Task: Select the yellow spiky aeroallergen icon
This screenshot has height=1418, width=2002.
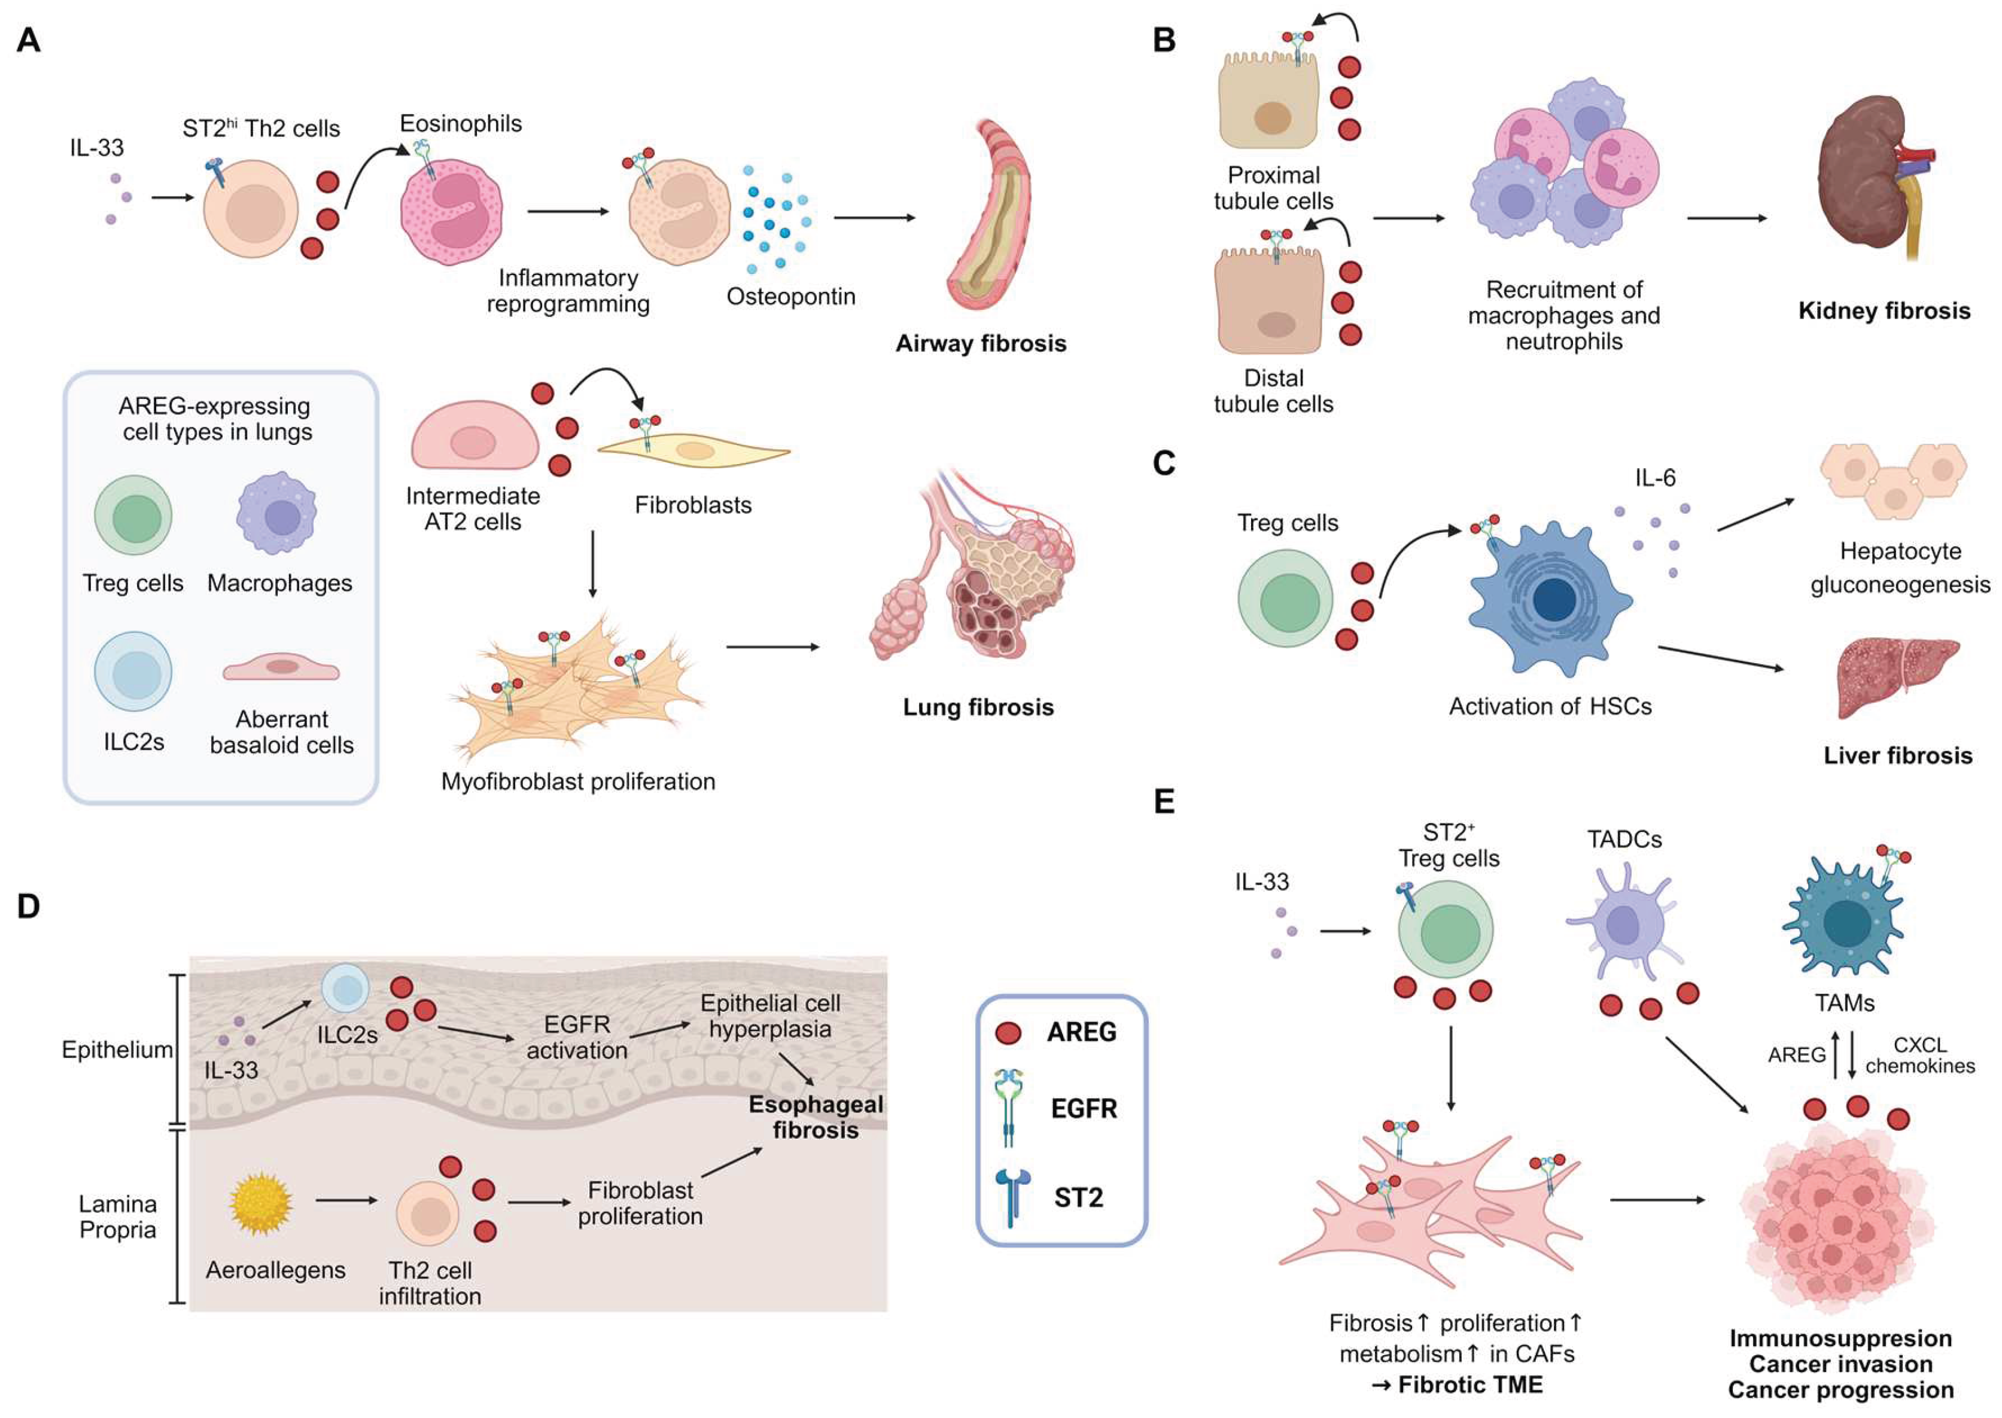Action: (260, 1204)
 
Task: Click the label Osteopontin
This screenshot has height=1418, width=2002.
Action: (790, 297)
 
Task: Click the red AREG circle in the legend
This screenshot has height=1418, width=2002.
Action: (1008, 1033)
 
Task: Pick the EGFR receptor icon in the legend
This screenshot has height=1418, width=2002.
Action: (1010, 1107)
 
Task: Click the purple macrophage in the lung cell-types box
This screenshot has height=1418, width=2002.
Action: (276, 513)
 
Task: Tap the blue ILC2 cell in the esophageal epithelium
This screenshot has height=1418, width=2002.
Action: (346, 989)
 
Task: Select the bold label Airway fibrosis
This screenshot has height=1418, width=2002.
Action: (980, 343)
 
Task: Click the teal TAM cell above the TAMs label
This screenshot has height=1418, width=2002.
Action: (1843, 926)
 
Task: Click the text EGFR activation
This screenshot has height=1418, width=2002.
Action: (577, 1036)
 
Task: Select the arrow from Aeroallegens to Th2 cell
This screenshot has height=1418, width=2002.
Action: (346, 1200)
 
